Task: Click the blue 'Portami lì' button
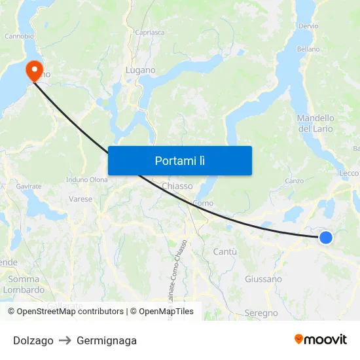179,160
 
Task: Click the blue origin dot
325,238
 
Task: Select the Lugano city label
140,70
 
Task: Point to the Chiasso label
177,186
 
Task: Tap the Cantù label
225,251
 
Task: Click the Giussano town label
263,279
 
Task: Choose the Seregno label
261,313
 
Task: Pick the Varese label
81,198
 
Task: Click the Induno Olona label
87,179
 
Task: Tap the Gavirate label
29,186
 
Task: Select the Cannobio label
19,36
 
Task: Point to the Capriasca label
149,31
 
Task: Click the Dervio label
308,26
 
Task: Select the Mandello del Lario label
315,123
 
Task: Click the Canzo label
295,180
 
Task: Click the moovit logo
320,339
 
